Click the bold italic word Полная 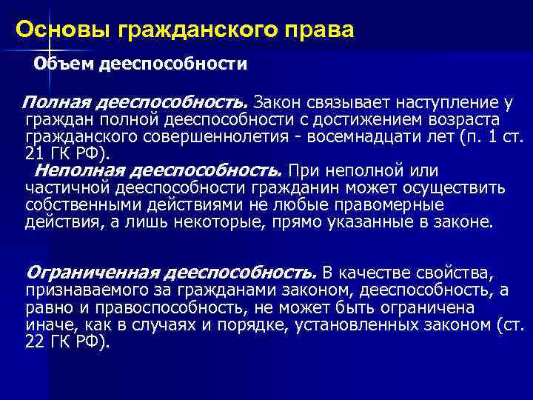pyautogui.click(x=54, y=100)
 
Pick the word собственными pyautogui.click(x=78, y=205)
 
